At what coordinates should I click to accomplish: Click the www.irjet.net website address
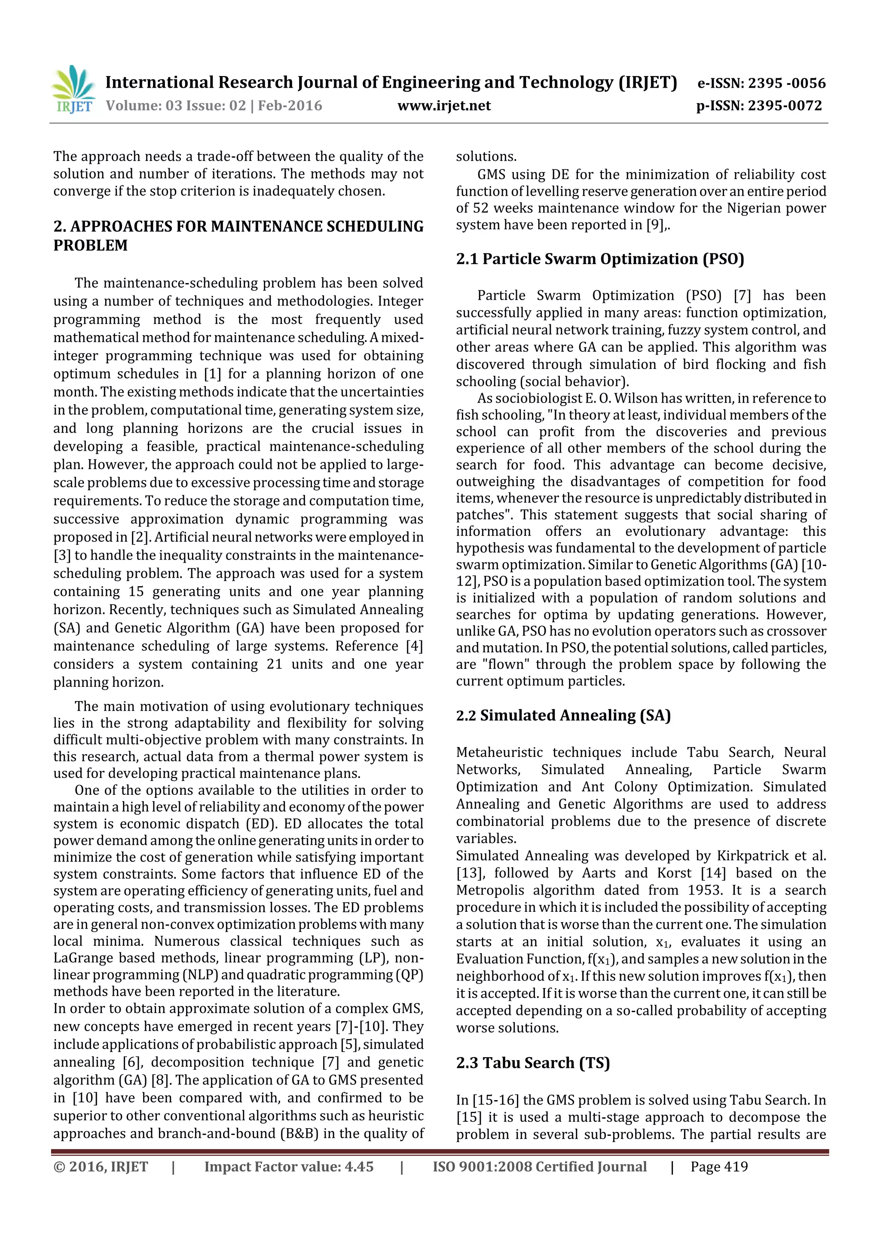tap(443, 105)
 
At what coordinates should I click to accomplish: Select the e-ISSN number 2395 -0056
tap(786, 83)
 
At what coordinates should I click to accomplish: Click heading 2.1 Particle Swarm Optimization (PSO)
tap(600, 259)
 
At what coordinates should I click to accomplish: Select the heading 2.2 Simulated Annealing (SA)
tap(563, 715)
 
